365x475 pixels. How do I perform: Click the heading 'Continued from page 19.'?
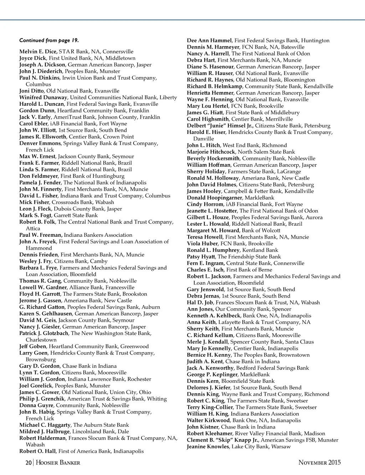point(49,40)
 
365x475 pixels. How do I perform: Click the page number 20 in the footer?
point(29,463)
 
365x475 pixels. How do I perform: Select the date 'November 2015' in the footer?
point(319,463)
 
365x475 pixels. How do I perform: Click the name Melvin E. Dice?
point(38,52)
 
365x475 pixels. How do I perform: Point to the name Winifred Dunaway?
point(43,97)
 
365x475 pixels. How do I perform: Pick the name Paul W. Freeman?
point(41,235)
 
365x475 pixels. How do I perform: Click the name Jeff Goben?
point(32,346)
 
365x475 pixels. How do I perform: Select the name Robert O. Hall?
point(37,451)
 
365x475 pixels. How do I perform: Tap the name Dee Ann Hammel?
point(209,40)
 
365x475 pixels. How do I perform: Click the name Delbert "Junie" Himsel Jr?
point(220,126)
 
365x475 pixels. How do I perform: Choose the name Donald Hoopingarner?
point(214,198)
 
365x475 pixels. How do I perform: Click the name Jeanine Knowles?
point(208,446)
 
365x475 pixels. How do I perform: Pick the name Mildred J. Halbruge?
point(44,431)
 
